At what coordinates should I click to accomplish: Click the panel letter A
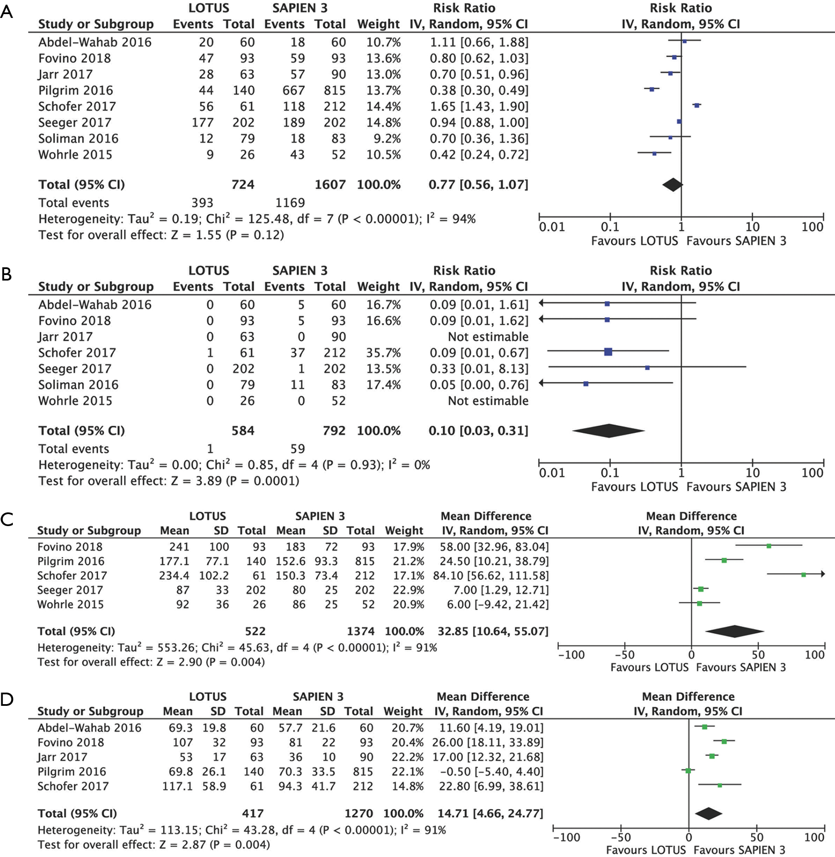click(6, 12)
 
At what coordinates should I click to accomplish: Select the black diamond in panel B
click(608, 431)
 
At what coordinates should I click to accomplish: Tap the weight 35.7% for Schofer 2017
click(384, 353)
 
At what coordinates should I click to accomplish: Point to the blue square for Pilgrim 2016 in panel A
click(652, 90)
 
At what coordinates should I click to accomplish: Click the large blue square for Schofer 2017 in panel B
click(608, 351)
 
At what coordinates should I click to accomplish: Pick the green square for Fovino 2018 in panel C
click(769, 546)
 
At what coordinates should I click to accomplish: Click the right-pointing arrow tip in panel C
click(824, 574)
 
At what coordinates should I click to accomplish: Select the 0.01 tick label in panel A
click(552, 227)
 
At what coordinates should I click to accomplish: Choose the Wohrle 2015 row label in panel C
click(70, 604)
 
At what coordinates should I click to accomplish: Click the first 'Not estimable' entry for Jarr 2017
click(488, 337)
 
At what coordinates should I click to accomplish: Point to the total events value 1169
click(290, 203)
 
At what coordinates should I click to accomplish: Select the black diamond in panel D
click(708, 813)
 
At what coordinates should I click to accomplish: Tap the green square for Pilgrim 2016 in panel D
click(688, 771)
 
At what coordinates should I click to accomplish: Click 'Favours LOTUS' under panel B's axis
click(635, 487)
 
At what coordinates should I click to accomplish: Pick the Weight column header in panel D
click(403, 711)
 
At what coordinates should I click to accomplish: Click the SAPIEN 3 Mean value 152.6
click(291, 562)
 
